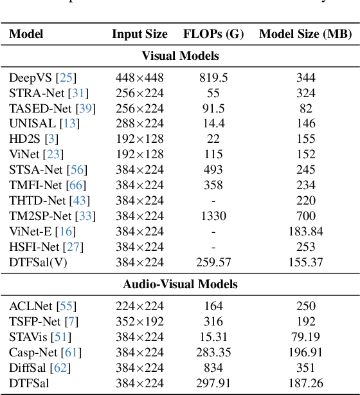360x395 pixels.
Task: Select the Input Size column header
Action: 139,34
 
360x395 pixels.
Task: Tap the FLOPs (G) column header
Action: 213,34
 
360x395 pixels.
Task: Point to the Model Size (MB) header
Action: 305,34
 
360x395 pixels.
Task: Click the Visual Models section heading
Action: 180,55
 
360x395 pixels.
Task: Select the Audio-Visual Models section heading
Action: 180,284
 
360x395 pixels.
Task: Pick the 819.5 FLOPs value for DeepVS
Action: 213,77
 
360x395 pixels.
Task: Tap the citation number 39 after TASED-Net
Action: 84,108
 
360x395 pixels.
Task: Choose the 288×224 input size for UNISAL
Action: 139,124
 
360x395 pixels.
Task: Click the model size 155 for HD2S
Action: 306,139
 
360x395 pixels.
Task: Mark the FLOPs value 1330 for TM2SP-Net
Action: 213,216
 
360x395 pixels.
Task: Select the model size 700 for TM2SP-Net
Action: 306,216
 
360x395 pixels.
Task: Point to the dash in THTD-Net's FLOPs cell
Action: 213,201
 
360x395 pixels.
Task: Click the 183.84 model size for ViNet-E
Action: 306,232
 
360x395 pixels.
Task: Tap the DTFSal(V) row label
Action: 36,262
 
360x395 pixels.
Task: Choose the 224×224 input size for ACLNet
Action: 139,306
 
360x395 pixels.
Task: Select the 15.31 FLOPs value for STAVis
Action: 213,336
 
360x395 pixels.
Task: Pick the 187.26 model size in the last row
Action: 306,383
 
